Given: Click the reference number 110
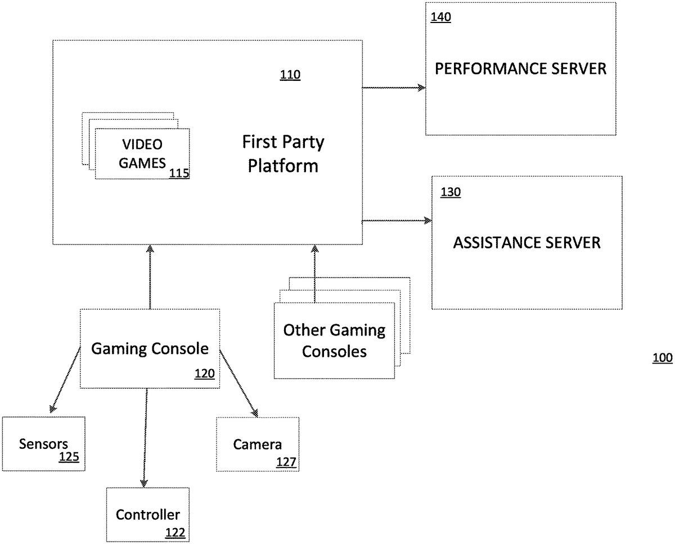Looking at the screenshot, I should (x=290, y=75).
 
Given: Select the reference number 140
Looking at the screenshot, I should (x=440, y=17).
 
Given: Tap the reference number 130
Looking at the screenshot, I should (x=451, y=193).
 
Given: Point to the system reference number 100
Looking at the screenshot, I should (x=662, y=358).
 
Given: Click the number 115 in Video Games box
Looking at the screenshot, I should (x=179, y=174).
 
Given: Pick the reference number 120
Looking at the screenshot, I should (x=204, y=373).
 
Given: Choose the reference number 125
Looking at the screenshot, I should (x=69, y=457).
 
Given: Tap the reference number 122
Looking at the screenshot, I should (x=175, y=532).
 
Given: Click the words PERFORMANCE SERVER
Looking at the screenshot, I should (x=521, y=69).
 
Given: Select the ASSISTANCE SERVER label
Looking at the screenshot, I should (x=527, y=243).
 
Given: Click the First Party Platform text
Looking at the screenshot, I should (x=283, y=154).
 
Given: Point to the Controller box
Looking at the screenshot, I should (x=148, y=514).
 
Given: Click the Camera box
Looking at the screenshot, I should (x=258, y=444).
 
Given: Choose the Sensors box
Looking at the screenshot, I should (x=43, y=443).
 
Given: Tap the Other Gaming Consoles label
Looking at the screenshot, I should (x=334, y=341).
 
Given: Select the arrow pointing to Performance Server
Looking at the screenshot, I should (x=394, y=88).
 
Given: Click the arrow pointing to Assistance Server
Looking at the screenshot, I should (x=397, y=221).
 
